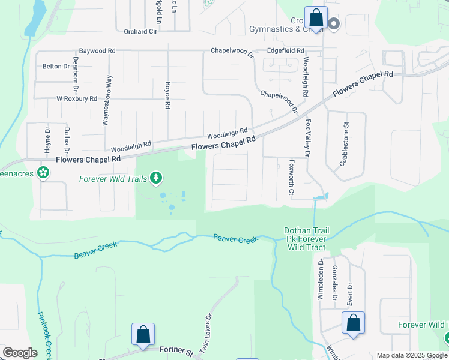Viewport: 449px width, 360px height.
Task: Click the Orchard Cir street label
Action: (140, 32)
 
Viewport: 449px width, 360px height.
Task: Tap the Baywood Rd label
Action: (97, 52)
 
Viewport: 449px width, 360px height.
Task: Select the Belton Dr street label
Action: (56, 67)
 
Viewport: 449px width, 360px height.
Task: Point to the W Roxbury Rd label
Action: (76, 98)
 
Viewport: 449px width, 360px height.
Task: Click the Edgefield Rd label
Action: (286, 51)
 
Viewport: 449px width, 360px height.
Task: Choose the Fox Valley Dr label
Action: (307, 138)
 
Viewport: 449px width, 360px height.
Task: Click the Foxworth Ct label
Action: (291, 177)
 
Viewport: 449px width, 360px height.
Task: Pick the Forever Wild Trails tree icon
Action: (156, 178)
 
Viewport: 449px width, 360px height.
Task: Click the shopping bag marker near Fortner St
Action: (143, 334)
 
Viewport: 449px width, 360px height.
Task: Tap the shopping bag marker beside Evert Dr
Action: (354, 323)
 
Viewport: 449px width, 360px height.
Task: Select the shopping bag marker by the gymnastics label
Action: (315, 17)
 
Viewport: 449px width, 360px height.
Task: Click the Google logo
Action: (20, 353)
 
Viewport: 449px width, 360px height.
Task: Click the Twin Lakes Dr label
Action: (206, 333)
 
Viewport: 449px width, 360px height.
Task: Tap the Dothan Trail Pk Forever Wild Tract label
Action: (305, 239)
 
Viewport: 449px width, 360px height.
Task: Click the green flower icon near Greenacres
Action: (43, 173)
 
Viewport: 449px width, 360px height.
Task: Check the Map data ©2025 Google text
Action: (411, 355)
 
